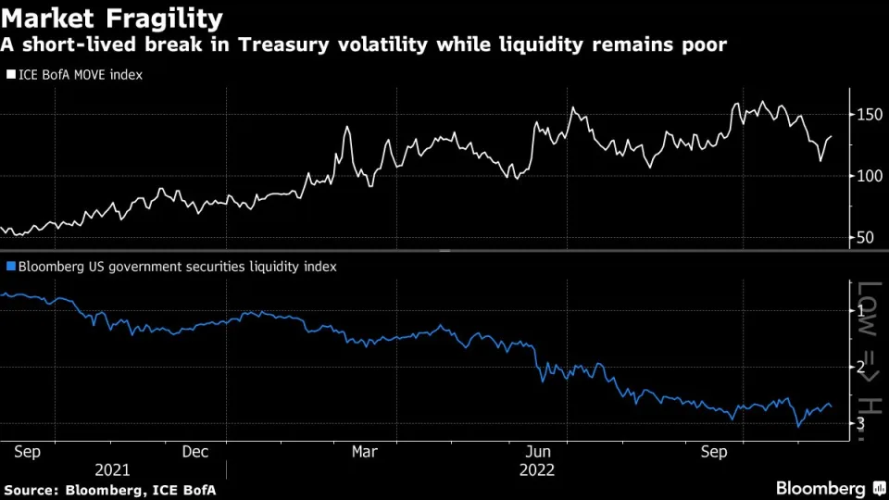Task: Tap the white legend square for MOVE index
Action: [11, 74]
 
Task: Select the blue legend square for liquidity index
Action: [11, 266]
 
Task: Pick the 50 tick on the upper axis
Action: [864, 238]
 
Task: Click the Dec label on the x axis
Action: [194, 452]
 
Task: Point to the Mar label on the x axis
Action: [365, 452]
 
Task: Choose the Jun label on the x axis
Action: [538, 452]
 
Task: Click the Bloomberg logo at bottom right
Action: [820, 488]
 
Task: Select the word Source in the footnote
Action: [29, 489]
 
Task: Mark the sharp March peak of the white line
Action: [347, 127]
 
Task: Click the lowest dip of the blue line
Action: [797, 427]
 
